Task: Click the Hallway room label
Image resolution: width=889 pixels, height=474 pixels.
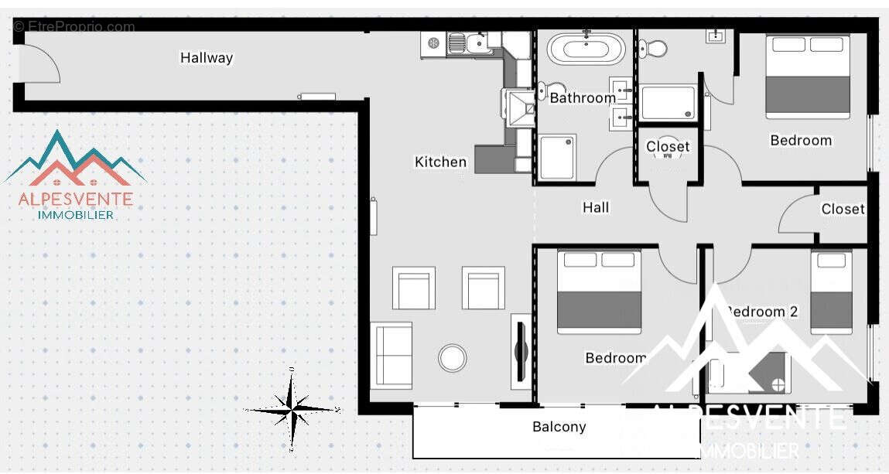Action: click(207, 58)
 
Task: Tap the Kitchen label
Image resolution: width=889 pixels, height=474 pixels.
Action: click(440, 162)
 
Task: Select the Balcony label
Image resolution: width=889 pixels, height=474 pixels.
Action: click(559, 427)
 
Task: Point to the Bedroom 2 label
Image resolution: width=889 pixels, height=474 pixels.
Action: click(762, 312)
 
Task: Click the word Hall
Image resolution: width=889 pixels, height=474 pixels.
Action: click(596, 207)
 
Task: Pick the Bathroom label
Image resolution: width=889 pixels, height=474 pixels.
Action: click(583, 98)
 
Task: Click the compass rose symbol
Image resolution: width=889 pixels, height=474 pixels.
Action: click(291, 408)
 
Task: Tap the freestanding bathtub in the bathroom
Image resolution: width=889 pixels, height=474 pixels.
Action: click(586, 49)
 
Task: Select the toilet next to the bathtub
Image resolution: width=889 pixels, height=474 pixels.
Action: click(654, 49)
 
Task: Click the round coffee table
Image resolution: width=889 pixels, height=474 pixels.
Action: click(452, 357)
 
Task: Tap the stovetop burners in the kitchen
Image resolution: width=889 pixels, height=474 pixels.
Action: click(433, 44)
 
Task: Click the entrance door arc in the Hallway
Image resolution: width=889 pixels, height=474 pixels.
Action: click(40, 63)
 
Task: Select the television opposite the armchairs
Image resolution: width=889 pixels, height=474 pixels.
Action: click(520, 351)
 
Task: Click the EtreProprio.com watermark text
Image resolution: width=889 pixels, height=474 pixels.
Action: click(74, 27)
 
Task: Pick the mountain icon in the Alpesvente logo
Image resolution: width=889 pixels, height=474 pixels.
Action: click(75, 159)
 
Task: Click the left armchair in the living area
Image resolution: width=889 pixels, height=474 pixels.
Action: click(413, 288)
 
